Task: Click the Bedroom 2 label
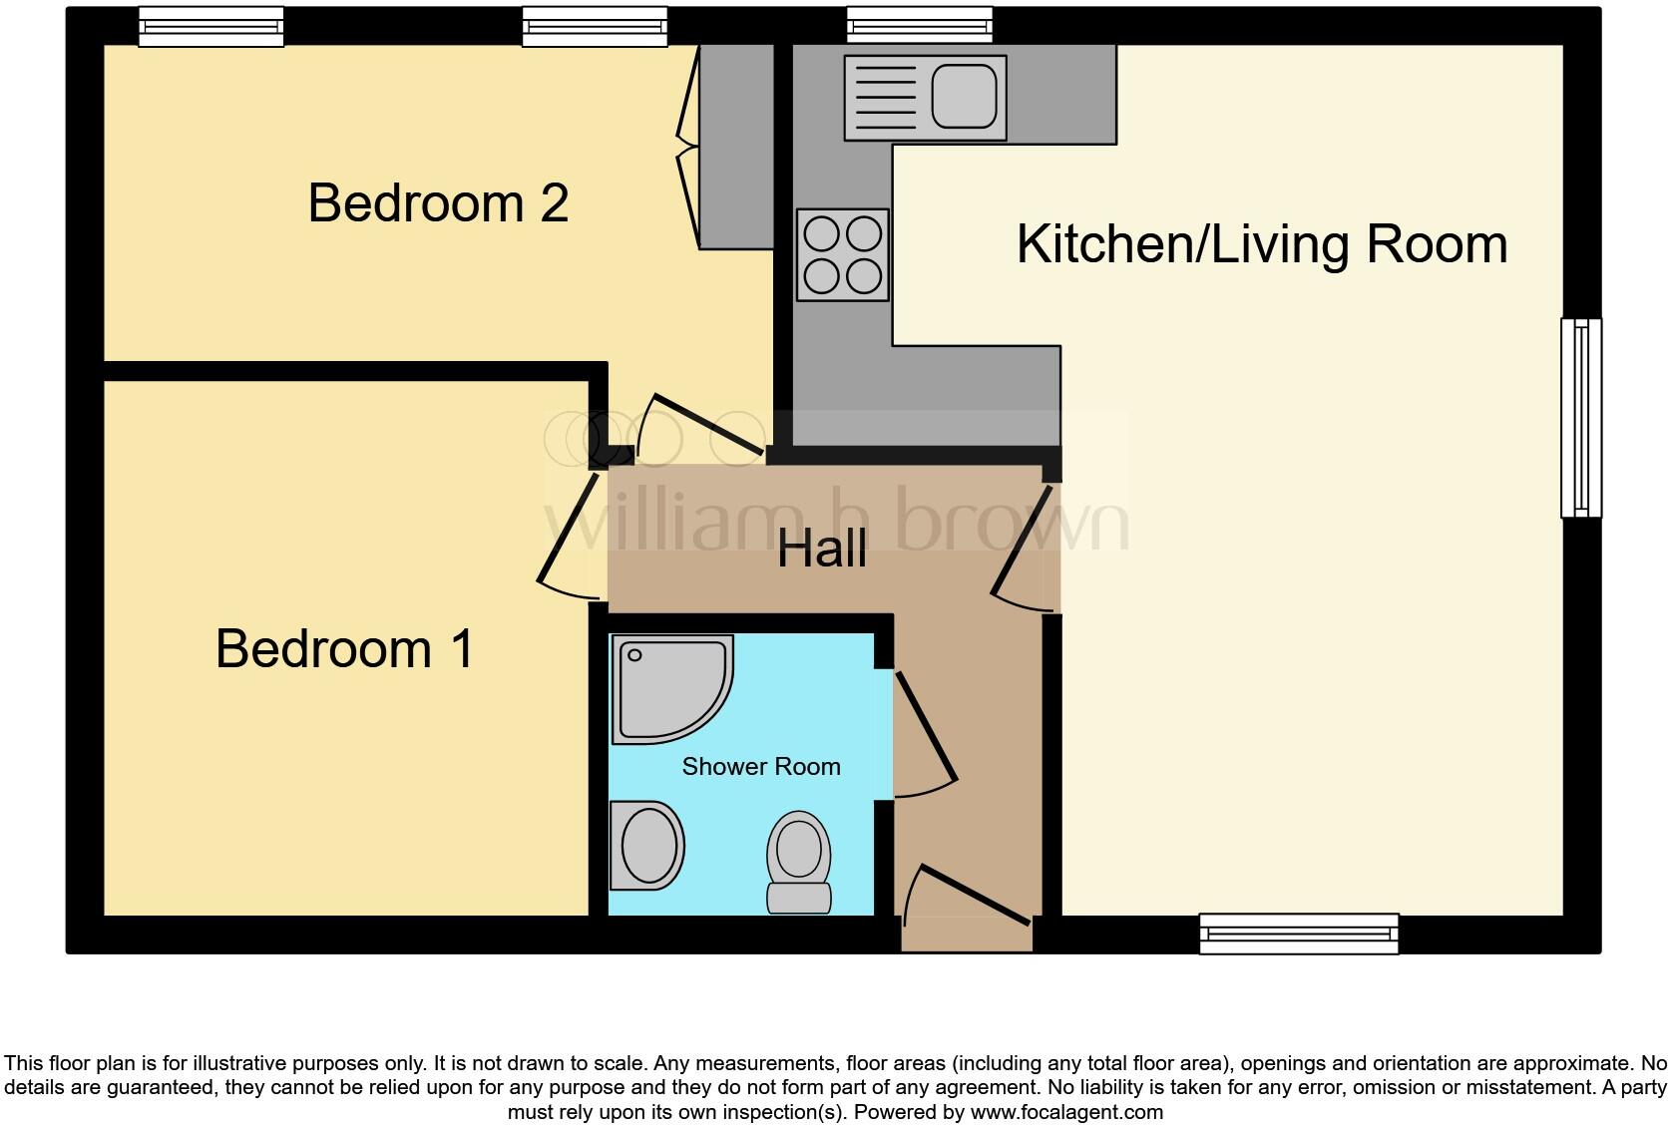click(438, 203)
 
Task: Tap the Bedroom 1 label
click(344, 649)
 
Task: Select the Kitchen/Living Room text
click(1261, 244)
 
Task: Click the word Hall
click(822, 550)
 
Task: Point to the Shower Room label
click(760, 767)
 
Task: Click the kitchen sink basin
click(965, 96)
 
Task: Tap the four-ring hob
click(843, 254)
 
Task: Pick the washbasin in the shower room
click(648, 845)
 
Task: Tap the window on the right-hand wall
click(1580, 418)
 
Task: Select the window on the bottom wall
click(1298, 934)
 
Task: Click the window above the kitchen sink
click(919, 25)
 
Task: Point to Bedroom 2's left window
click(210, 26)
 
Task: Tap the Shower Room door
click(926, 733)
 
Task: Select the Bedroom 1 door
click(569, 539)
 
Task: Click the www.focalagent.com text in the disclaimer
click(1066, 1111)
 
